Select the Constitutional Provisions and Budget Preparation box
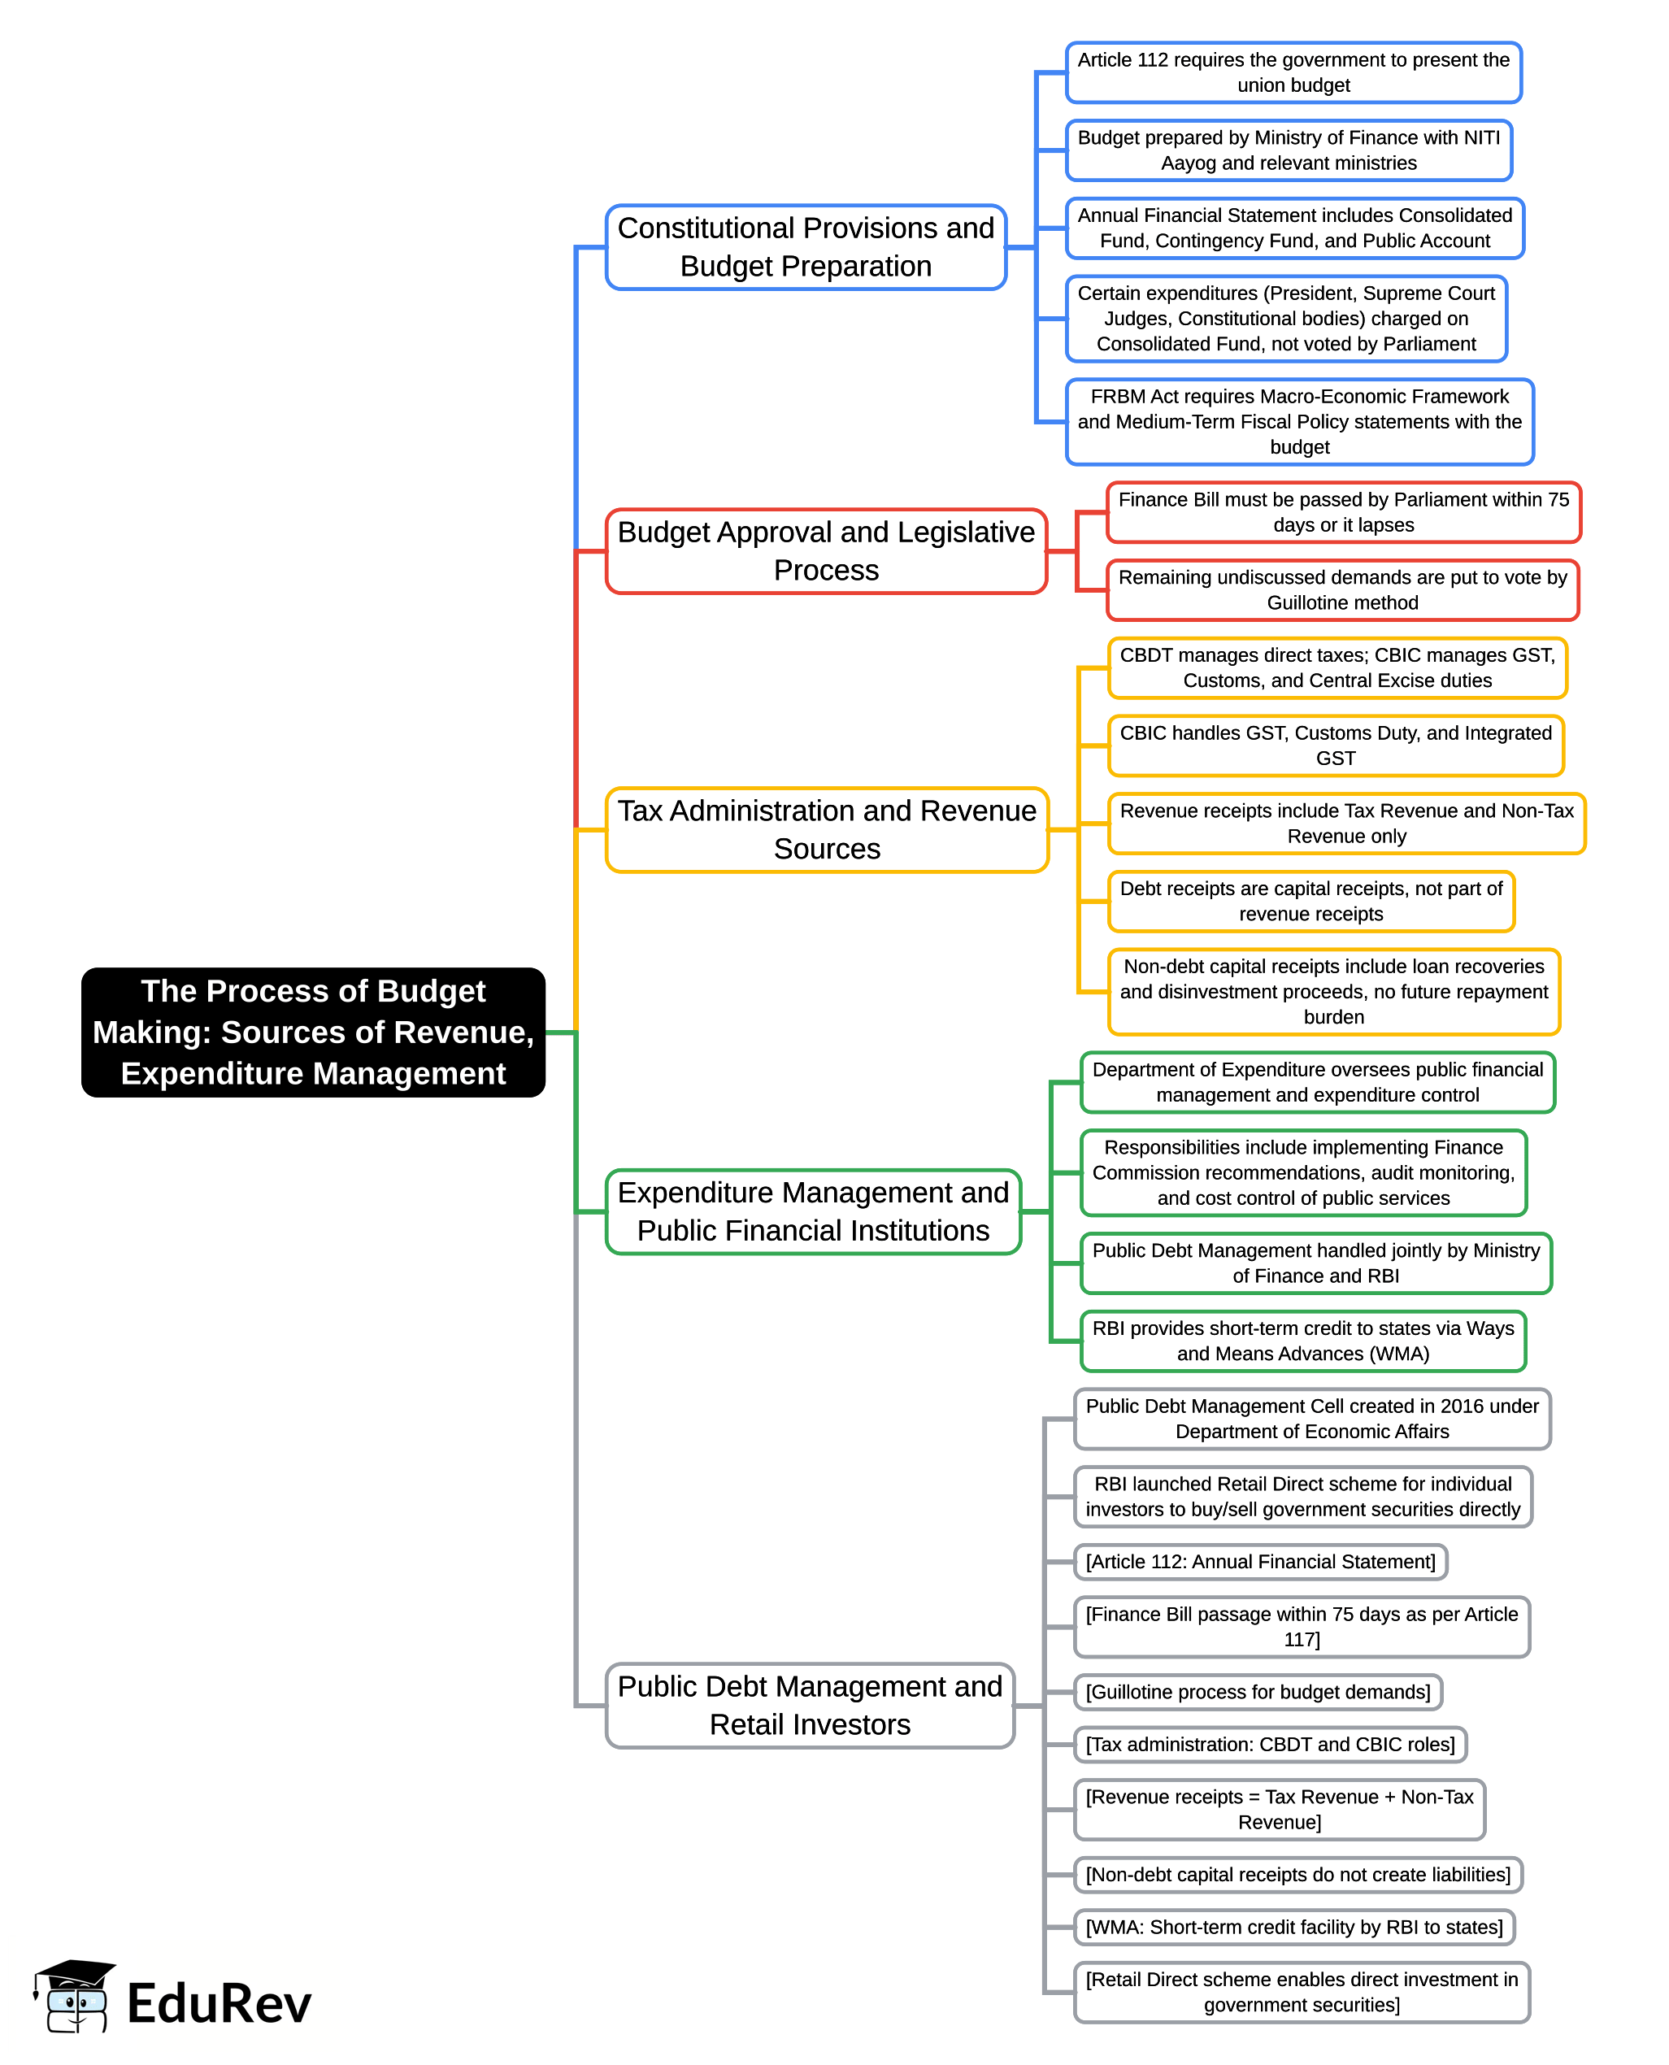click(x=806, y=247)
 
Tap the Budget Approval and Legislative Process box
click(x=826, y=551)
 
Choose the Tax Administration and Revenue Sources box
click(x=827, y=829)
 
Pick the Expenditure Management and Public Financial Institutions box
click(x=813, y=1211)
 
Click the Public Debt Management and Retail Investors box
click(x=810, y=1706)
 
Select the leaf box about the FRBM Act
click(x=1300, y=421)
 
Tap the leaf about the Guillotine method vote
click(x=1343, y=589)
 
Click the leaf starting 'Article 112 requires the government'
click(x=1294, y=72)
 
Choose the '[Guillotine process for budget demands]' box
click(x=1258, y=1691)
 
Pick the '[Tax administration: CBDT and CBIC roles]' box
click(x=1271, y=1744)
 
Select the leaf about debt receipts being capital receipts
click(x=1311, y=901)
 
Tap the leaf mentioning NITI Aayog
click(x=1289, y=150)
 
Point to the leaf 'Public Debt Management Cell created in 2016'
click(x=1312, y=1418)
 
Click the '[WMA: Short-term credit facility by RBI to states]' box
click(x=1295, y=1927)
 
